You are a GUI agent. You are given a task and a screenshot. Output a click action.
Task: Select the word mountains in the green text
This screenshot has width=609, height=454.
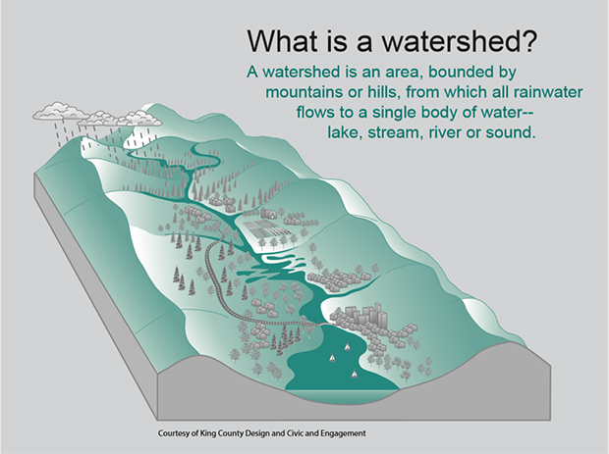[305, 91]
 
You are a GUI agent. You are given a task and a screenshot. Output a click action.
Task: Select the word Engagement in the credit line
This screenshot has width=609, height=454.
[344, 433]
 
